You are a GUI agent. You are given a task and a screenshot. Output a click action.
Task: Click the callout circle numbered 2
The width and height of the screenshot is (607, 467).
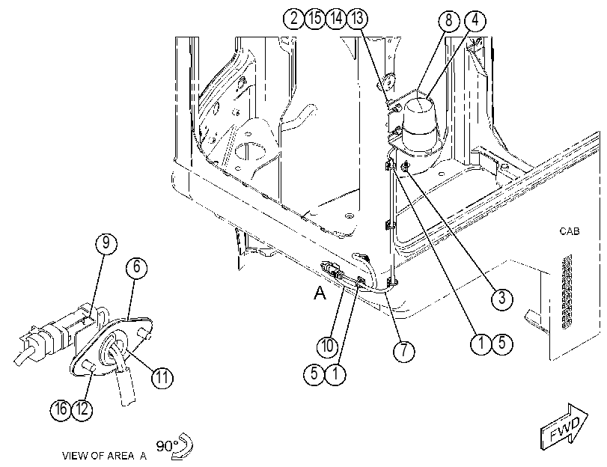point(294,18)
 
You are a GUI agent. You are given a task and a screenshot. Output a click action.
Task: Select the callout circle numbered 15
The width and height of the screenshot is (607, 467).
point(315,18)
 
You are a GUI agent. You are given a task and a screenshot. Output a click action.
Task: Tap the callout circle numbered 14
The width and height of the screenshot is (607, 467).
point(336,18)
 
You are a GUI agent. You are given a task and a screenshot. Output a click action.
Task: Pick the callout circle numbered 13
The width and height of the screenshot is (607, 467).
point(357,18)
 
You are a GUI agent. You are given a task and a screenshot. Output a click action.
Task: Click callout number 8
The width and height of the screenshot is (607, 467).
point(448,20)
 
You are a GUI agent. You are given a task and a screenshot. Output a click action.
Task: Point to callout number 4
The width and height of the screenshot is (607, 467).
point(475,20)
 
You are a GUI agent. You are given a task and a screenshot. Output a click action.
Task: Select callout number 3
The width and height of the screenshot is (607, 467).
point(501,298)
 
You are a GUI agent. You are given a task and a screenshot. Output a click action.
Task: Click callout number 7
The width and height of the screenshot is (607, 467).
point(403,351)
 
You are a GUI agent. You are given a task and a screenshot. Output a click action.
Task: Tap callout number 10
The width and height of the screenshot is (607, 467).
point(327,346)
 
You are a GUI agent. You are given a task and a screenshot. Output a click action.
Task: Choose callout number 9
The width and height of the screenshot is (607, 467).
point(106,243)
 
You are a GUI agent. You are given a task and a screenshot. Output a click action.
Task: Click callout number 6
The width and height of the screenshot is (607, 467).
point(137,267)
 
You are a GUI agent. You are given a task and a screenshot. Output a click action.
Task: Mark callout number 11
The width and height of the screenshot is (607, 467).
point(162,377)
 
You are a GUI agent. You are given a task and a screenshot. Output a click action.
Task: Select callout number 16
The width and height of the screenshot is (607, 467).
point(61,409)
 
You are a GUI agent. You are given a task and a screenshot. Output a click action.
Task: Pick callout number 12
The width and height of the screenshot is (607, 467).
point(82,409)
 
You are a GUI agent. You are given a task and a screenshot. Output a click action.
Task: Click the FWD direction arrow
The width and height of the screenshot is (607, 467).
point(564,427)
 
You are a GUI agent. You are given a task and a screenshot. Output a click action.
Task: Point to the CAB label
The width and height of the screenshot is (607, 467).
point(570,231)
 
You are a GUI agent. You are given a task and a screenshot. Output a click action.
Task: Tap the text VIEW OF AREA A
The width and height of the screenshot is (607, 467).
point(105,456)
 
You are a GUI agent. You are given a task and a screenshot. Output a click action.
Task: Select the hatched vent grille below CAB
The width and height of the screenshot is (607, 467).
point(566,292)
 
